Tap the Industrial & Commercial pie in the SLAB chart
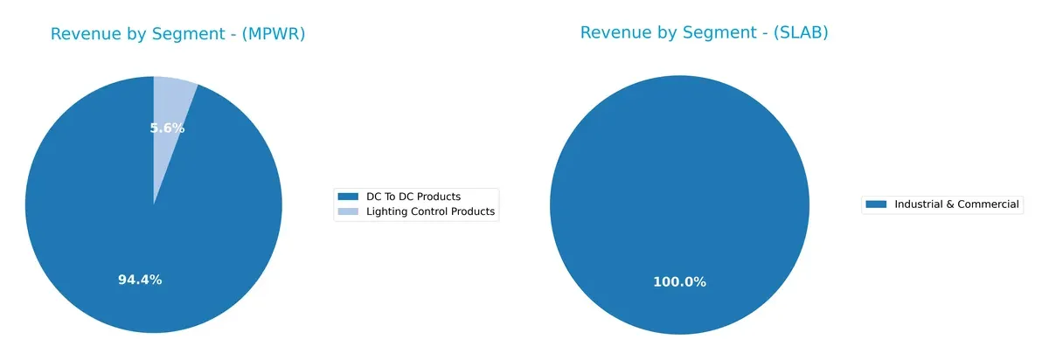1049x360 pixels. point(679,175)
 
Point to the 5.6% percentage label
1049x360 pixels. point(167,128)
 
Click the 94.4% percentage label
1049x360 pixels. point(140,280)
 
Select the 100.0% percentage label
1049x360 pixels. point(679,281)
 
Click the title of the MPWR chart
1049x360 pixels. point(177,34)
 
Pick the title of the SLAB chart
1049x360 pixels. point(704,32)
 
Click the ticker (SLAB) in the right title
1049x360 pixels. point(798,32)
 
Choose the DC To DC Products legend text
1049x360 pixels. point(413,197)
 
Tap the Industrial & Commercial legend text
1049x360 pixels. point(956,204)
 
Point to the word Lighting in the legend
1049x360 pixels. point(386,211)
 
